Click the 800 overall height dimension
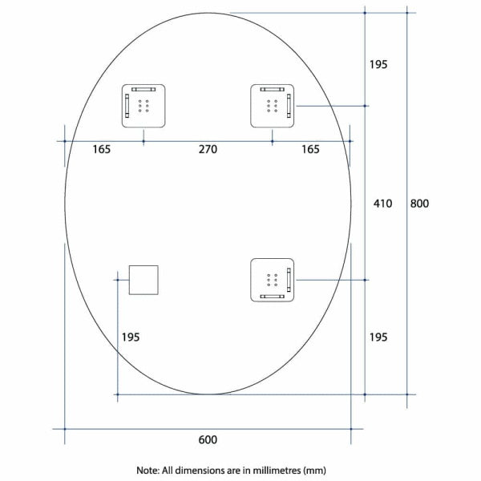pyautogui.click(x=419, y=204)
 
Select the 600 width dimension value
pyautogui.click(x=208, y=439)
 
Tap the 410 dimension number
pyautogui.click(x=382, y=204)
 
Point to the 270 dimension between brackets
pyautogui.click(x=208, y=149)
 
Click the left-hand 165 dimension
pyautogui.click(x=101, y=149)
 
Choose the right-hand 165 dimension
pyautogui.click(x=310, y=149)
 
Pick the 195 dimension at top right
pyautogui.click(x=378, y=64)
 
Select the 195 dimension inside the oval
pyautogui.click(x=130, y=337)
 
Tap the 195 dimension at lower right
pyautogui.click(x=378, y=337)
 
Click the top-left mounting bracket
pyautogui.click(x=143, y=105)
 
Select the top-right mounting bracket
pyautogui.click(x=272, y=105)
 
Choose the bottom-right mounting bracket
pyautogui.click(x=272, y=280)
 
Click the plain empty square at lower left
pyautogui.click(x=144, y=280)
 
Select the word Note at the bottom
pyautogui.click(x=149, y=470)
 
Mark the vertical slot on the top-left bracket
pyautogui.click(x=127, y=105)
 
